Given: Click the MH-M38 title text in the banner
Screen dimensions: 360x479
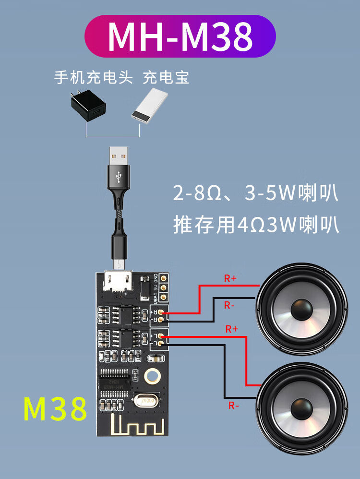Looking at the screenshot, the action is pos(180,36).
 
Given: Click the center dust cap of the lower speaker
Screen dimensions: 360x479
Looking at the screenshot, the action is pos(303,408).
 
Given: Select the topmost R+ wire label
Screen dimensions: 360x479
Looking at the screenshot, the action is pos(230,277).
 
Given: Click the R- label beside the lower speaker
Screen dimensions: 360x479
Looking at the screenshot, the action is pos(234,406).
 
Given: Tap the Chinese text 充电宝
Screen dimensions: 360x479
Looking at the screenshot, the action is pos(166,77).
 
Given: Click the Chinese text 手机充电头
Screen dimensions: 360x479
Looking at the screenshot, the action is pos(93,77).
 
